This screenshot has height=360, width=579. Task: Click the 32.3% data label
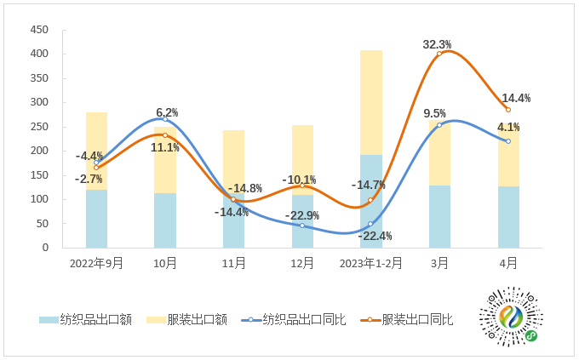(437, 44)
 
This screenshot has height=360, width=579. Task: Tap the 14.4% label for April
(516, 98)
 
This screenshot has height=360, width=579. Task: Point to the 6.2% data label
(167, 112)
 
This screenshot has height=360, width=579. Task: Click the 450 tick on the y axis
(39, 30)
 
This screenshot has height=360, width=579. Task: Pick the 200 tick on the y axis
(39, 151)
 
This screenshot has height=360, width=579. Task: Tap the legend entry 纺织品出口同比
(294, 320)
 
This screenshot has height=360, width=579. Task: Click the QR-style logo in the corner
(511, 316)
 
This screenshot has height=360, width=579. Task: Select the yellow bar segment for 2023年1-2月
(370, 102)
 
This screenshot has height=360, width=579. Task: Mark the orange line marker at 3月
(439, 54)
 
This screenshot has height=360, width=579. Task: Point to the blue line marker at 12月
(302, 226)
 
